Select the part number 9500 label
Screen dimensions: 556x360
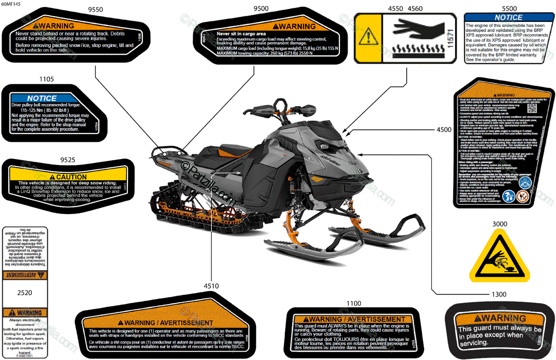click(x=261, y=9)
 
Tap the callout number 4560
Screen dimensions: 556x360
click(x=415, y=9)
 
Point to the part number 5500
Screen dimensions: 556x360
click(x=509, y=9)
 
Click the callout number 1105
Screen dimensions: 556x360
click(x=46, y=79)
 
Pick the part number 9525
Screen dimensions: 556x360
click(x=68, y=160)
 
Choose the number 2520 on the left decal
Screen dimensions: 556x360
click(x=25, y=293)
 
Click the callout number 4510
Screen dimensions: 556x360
click(x=211, y=286)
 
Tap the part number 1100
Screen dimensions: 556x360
click(x=353, y=303)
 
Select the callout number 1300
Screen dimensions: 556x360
click(x=499, y=294)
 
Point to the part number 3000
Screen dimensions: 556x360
click(x=499, y=224)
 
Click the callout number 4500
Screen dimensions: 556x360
click(x=444, y=130)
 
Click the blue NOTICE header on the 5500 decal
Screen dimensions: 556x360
click(x=508, y=18)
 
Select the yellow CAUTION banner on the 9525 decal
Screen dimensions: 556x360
click(x=68, y=177)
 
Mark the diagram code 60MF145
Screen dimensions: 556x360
click(x=11, y=4)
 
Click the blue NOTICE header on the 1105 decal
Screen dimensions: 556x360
click(x=42, y=98)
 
